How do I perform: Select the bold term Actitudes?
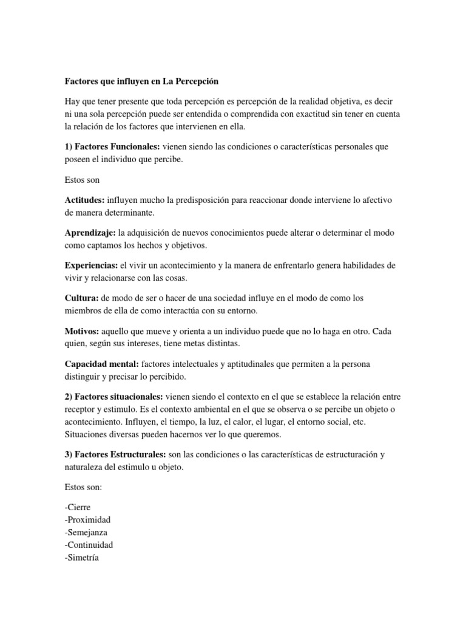84,200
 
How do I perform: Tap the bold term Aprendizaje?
90,233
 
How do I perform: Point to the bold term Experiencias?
92,265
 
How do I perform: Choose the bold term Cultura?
82,298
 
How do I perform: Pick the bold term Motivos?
83,331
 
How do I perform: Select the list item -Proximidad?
87,520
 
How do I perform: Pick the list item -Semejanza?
86,532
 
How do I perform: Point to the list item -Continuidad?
89,545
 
